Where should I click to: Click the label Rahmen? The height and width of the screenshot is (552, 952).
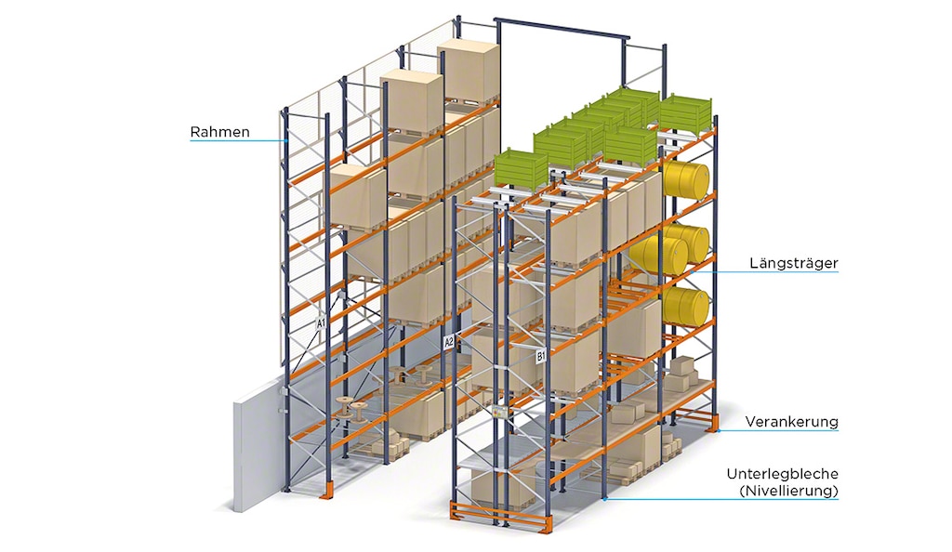coord(220,132)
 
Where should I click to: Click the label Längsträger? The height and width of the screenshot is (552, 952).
coord(793,264)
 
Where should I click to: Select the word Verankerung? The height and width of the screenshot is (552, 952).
coord(791,422)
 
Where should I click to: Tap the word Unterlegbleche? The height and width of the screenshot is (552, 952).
coord(782,474)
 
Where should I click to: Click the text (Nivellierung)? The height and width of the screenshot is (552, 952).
coord(786,490)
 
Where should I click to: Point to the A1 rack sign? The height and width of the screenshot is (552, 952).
coord(321,323)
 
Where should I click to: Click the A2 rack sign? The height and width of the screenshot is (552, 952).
coord(449,342)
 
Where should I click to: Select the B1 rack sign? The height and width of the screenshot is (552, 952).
coord(541,355)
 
